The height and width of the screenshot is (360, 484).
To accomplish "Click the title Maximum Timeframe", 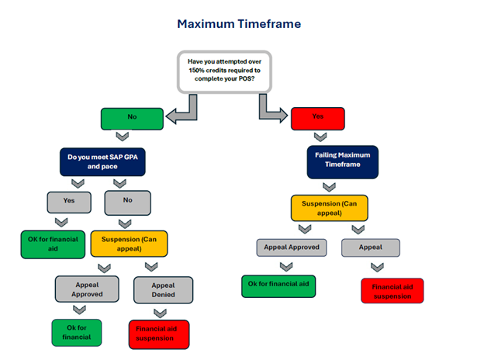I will pyautogui.click(x=239, y=24).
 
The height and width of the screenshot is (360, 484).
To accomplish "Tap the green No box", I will pyautogui.click(x=133, y=119).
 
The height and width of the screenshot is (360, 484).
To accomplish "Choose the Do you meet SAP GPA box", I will pyautogui.click(x=103, y=161).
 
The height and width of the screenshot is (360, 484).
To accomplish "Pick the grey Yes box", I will pyautogui.click(x=71, y=202).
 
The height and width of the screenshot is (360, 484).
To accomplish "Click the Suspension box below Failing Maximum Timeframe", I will pyautogui.click(x=328, y=207).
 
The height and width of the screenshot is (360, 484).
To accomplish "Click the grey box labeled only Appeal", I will pyautogui.click(x=371, y=247).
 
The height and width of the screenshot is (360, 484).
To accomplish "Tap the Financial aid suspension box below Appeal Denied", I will pyautogui.click(x=158, y=334).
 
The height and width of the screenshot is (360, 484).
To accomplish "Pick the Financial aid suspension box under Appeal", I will pyautogui.click(x=392, y=290).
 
